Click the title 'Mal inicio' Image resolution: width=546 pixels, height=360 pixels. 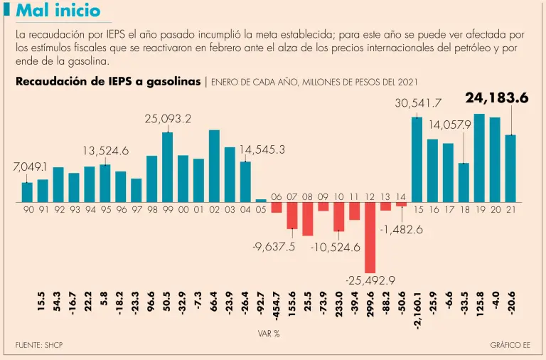[58, 11]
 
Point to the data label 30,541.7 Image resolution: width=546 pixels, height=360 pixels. [418, 104]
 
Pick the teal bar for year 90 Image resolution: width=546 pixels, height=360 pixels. [27, 192]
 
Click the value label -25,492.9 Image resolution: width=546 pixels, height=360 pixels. [370, 281]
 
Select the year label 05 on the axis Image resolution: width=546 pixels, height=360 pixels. [261, 210]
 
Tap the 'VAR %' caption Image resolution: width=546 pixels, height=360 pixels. [268, 333]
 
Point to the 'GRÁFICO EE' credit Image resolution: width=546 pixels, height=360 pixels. [510, 345]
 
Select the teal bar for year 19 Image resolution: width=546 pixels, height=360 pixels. [479, 158]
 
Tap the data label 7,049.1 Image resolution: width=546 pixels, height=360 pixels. [30, 167]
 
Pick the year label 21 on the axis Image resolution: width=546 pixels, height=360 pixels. [510, 210]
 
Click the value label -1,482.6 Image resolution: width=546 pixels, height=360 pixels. [401, 230]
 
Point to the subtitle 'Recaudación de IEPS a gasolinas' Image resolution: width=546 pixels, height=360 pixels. [108, 81]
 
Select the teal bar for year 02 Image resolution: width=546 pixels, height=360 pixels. [214, 166]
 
